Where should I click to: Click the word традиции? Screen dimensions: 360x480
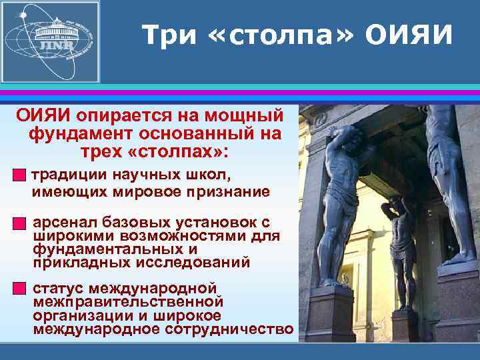coord(70,175)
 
